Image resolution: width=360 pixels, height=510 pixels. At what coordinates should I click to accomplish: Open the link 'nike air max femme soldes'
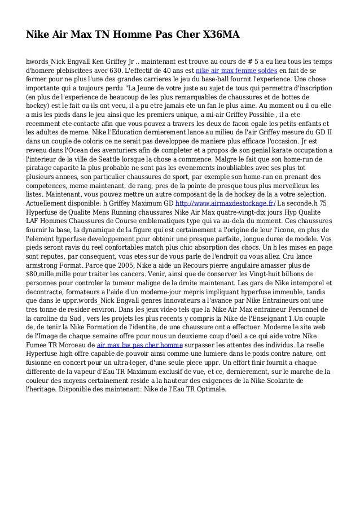click(x=236, y=71)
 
